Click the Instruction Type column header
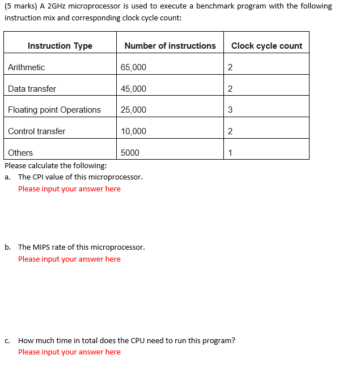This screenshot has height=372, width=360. coord(60,46)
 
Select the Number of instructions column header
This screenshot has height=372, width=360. coord(170,46)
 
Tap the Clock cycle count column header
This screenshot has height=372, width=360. coord(266,46)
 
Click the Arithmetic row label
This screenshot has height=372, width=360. coord(27,67)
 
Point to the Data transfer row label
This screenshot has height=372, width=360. coord(32,89)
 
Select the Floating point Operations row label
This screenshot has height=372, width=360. coord(54,110)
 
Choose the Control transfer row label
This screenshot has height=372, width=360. coord(36,131)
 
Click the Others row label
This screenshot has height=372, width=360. coord(20,153)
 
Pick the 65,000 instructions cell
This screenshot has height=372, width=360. coord(133,67)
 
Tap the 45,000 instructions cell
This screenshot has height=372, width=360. coord(133,89)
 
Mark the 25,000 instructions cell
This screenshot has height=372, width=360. coord(133,110)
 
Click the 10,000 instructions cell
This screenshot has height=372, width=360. coord(133,131)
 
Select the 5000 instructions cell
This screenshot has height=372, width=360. coord(130,153)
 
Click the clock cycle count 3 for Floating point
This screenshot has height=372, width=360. coord(230,110)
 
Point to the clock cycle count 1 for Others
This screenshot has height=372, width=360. coord(230,153)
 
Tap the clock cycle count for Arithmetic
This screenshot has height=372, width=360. coord(230,67)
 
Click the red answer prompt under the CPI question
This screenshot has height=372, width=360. coord(69,189)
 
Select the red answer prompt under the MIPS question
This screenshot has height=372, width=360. coord(69,259)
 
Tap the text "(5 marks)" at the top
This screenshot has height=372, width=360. coord(20,6)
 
